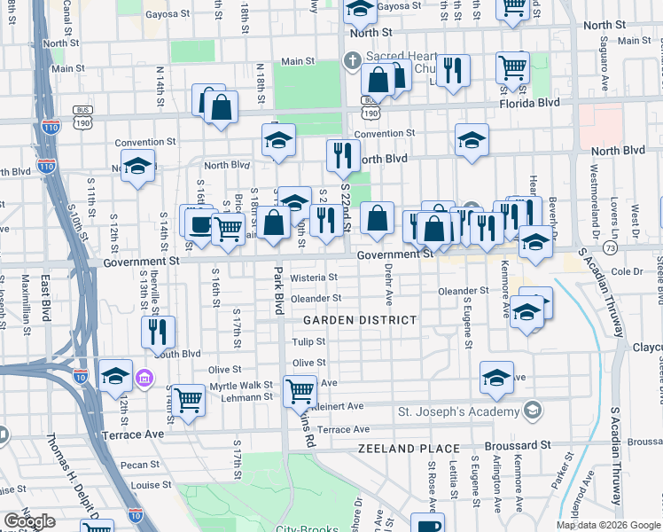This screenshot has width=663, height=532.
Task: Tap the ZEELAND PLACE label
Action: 409,450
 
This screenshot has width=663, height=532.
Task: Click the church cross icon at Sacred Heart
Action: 352,61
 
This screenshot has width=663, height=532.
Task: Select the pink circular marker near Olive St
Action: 144,379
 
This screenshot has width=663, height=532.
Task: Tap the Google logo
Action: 29,521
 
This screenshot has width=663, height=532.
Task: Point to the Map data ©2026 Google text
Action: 608,525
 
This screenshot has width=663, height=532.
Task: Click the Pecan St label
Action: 142,464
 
